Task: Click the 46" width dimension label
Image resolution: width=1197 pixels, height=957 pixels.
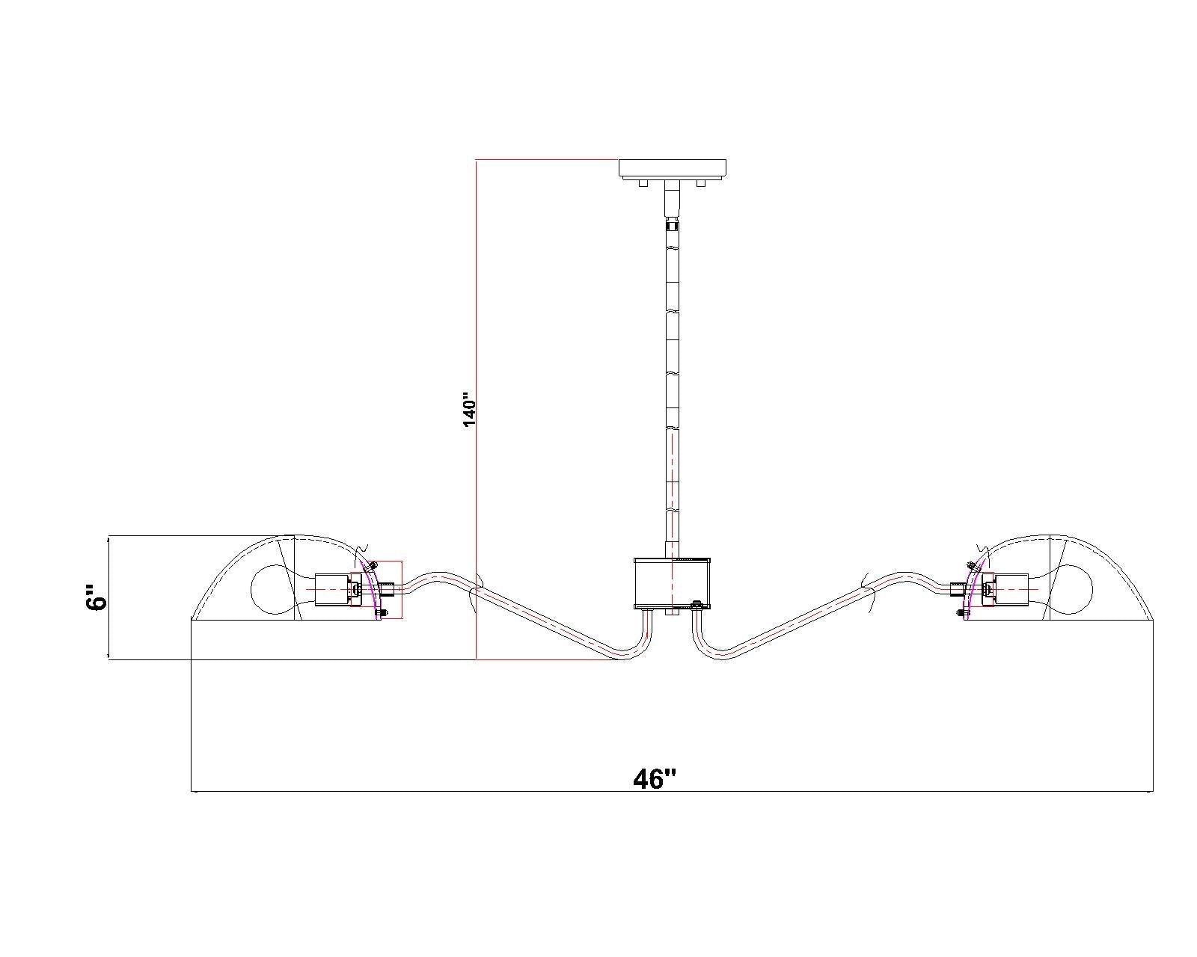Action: click(655, 779)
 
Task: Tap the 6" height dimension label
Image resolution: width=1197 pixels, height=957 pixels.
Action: click(97, 597)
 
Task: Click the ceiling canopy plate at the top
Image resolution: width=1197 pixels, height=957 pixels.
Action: click(672, 169)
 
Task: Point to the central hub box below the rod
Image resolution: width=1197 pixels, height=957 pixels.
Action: click(672, 583)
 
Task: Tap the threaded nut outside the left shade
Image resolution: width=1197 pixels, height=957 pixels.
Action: click(386, 588)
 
